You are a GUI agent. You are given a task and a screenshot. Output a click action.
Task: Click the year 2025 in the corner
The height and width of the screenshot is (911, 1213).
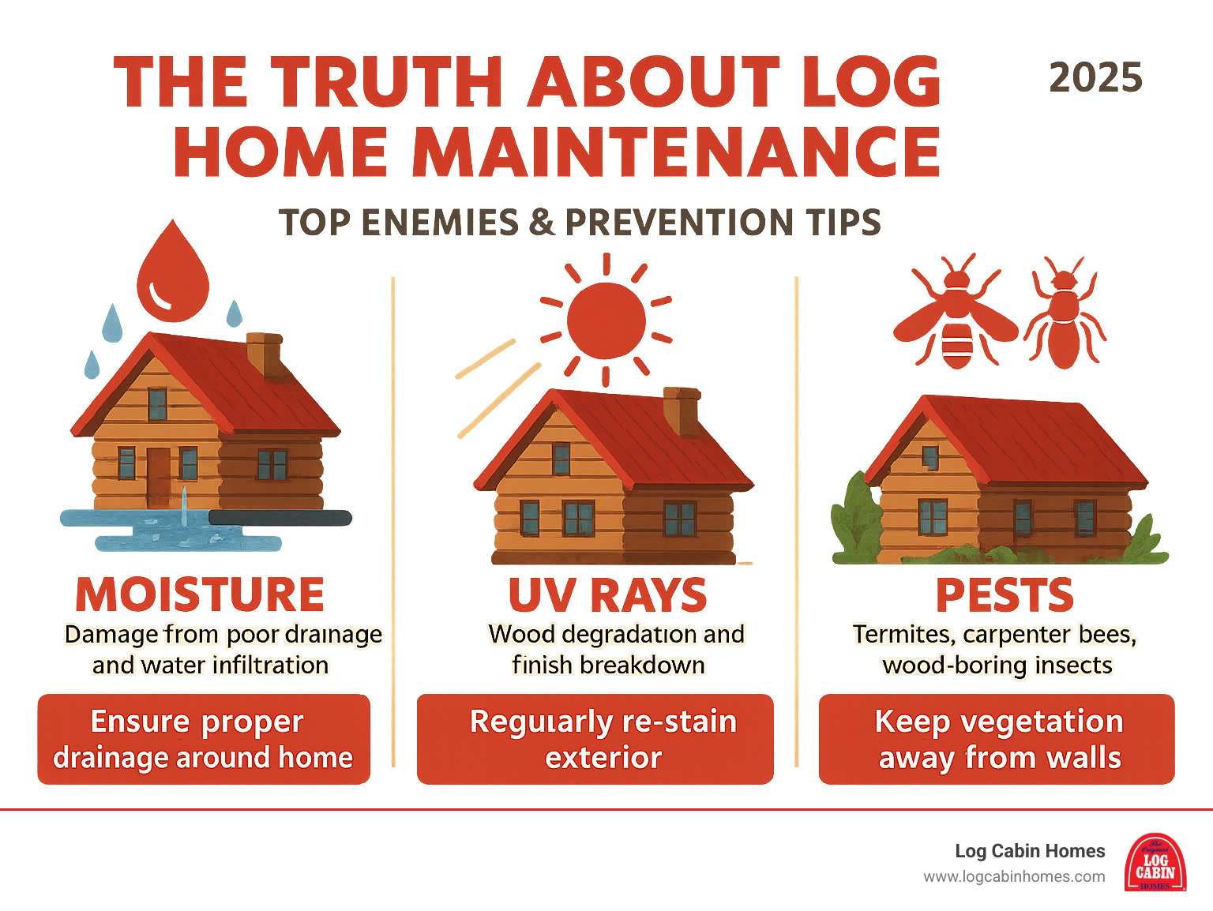click(x=1095, y=78)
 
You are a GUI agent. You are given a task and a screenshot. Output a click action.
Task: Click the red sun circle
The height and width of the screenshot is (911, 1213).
click(x=606, y=321)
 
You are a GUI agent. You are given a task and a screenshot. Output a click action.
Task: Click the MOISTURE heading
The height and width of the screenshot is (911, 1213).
click(x=200, y=594)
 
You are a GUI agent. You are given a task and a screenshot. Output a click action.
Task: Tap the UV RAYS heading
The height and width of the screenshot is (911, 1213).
click(x=606, y=595)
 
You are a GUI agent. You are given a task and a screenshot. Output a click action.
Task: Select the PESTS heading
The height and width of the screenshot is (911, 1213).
click(x=1005, y=595)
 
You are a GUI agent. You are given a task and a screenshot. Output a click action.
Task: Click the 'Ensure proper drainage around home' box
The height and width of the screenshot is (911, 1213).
click(x=204, y=739)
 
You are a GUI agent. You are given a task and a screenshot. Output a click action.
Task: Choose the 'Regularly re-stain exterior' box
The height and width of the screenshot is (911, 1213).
click(x=595, y=739)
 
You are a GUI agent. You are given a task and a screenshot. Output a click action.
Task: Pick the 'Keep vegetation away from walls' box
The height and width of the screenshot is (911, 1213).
click(x=997, y=739)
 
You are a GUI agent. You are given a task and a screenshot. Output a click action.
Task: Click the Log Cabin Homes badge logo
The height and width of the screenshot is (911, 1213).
click(x=1155, y=863)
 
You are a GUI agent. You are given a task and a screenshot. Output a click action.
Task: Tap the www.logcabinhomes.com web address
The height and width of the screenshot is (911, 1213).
click(x=1014, y=877)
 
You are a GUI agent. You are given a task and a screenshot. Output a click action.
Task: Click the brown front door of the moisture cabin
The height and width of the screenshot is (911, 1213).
click(x=158, y=476)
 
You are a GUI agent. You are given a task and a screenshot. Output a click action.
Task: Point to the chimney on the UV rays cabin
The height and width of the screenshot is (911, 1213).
click(x=681, y=410)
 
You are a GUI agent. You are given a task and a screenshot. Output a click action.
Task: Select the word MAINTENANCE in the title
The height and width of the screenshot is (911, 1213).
click(x=676, y=152)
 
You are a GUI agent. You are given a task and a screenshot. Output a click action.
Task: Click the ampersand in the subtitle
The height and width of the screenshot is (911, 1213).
click(x=542, y=223)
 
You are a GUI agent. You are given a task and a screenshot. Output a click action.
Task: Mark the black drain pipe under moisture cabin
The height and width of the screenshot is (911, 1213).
click(x=280, y=518)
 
